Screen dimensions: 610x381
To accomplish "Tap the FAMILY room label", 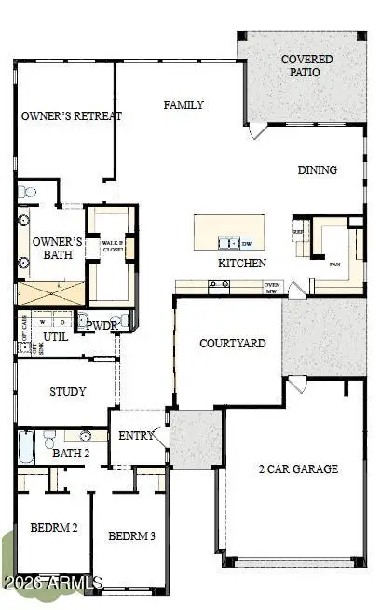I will (184, 105).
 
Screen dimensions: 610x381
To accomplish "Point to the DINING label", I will (317, 170).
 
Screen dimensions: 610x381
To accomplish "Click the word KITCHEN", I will (242, 264).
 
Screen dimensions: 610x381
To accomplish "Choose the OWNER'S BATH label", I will (58, 249).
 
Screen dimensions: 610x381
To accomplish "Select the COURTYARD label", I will (233, 344).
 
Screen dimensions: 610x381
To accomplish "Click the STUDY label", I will (67, 392).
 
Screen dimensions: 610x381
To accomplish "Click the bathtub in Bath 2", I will (26, 448).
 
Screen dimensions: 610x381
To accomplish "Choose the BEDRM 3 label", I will (130, 535).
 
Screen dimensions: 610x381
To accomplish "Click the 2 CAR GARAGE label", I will (297, 468).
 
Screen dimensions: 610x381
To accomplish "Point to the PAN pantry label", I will (334, 264).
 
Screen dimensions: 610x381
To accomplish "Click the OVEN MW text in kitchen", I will (272, 288).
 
